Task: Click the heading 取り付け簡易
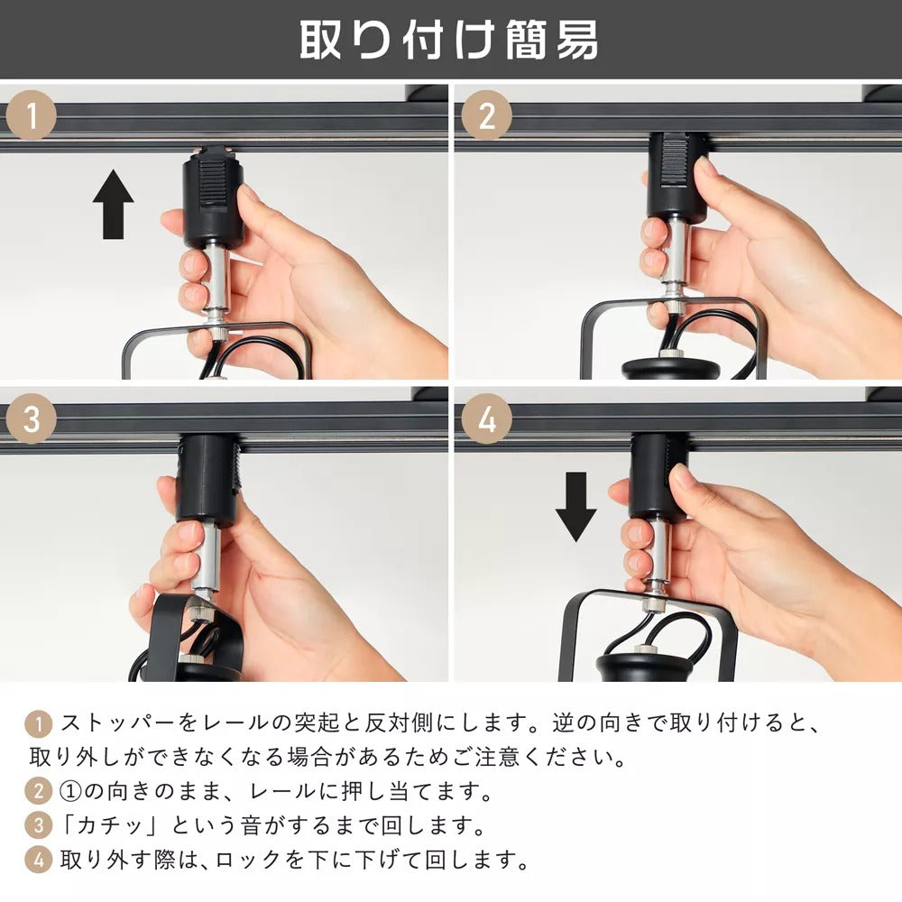[x=448, y=40]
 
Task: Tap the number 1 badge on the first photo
[x=32, y=115]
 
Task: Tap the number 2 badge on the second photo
[x=487, y=115]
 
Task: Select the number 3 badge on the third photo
[x=32, y=419]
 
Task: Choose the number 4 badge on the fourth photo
[x=487, y=419]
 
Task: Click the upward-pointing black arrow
[x=114, y=204]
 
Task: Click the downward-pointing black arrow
[x=575, y=507]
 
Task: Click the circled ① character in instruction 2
[x=71, y=792]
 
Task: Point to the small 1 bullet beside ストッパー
[x=39, y=723]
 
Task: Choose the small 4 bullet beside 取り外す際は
[x=39, y=861]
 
